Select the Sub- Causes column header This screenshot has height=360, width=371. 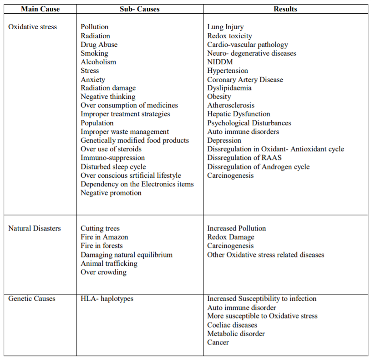(x=140, y=9)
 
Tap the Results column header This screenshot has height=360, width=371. (x=285, y=9)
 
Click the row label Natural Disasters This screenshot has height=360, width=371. (x=35, y=228)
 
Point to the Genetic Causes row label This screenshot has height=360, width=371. (x=32, y=299)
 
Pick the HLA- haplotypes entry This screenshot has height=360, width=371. (x=107, y=299)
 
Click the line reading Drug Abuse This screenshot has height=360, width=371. (x=99, y=45)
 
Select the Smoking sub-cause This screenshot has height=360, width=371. (x=94, y=53)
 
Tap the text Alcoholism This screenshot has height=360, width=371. (x=98, y=62)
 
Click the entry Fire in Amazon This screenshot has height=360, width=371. (x=104, y=237)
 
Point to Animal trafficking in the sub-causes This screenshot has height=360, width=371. (x=109, y=263)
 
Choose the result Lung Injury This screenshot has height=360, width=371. (x=225, y=27)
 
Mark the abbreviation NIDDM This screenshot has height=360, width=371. (x=220, y=62)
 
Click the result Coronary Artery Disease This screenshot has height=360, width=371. (x=245, y=80)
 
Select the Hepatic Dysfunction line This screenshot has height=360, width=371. (x=239, y=114)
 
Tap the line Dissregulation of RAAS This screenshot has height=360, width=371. (x=244, y=158)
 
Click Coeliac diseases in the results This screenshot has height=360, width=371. (x=232, y=325)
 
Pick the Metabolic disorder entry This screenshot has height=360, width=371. (x=236, y=334)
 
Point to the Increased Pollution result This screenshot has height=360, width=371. (x=236, y=228)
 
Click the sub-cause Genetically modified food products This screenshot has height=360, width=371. (x=135, y=140)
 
